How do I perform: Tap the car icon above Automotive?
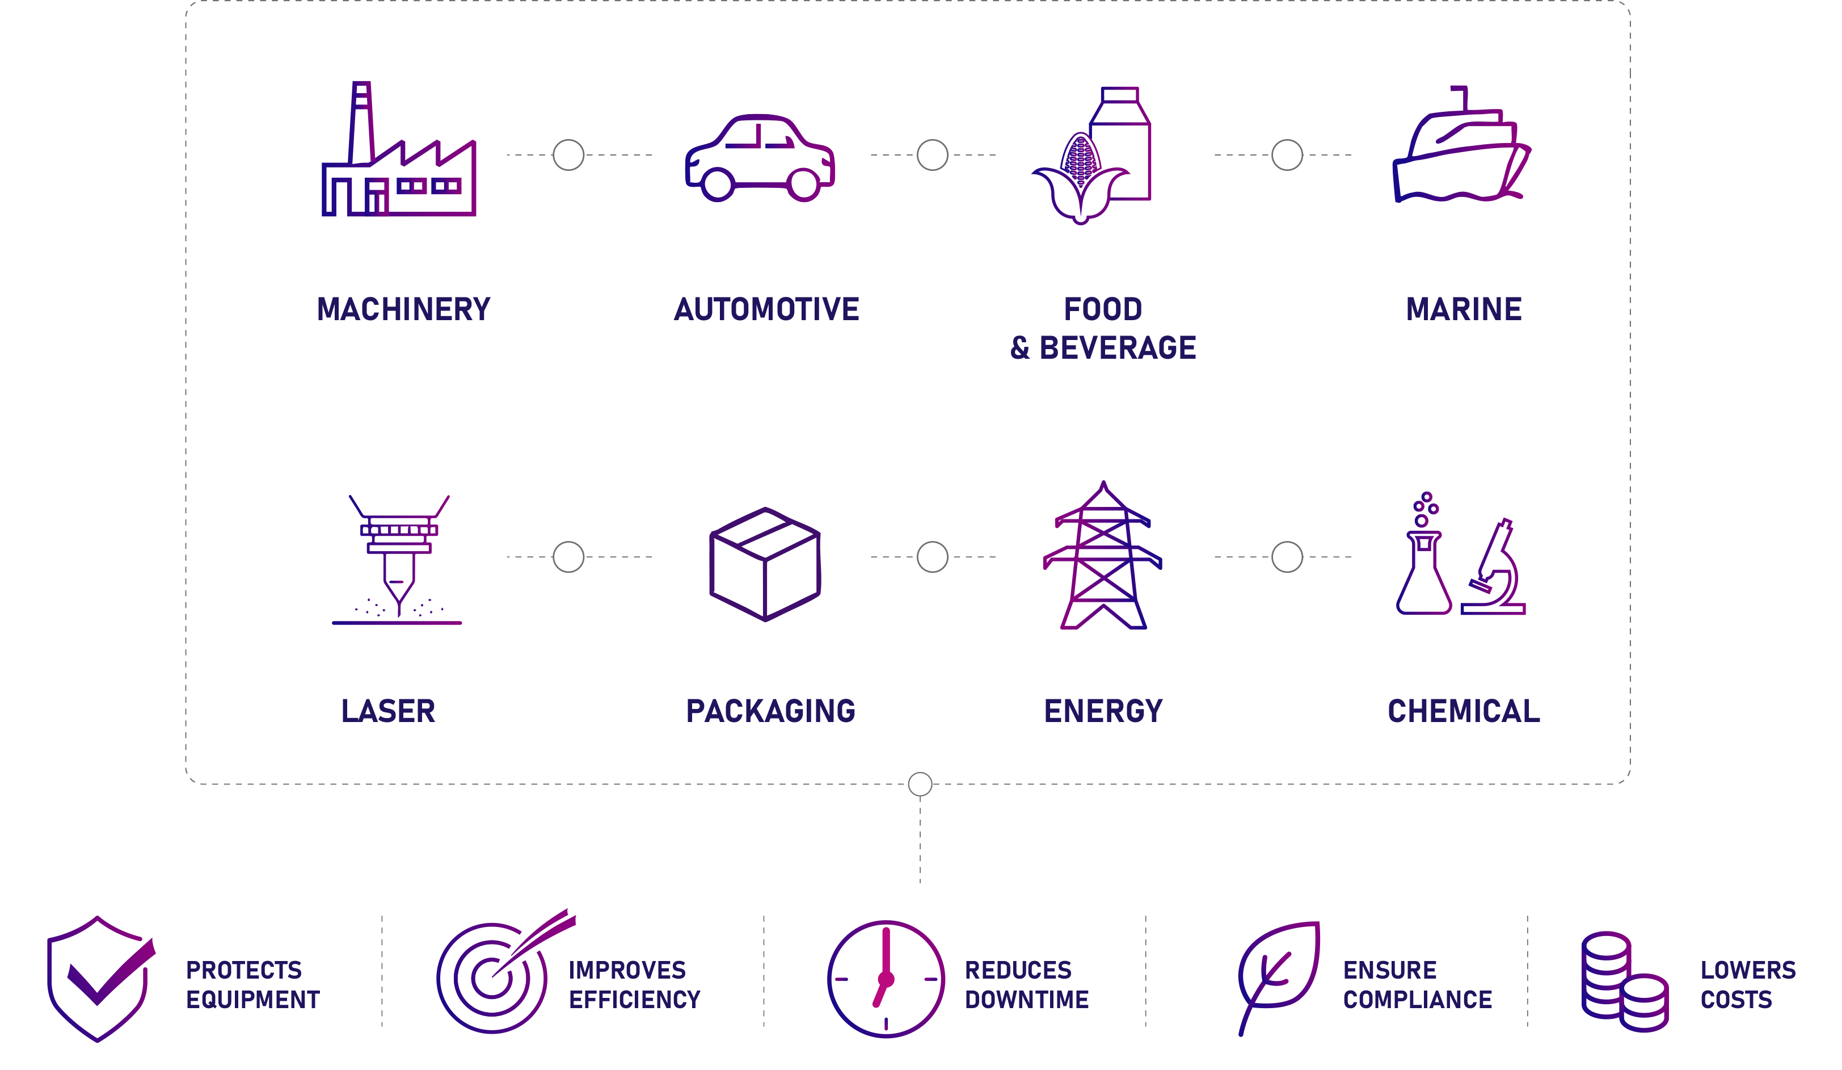pos(760,157)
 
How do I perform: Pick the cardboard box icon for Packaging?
pos(765,564)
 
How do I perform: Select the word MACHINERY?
pos(403,309)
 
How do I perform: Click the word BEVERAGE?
pos(1118,348)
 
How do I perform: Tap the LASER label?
pos(388,711)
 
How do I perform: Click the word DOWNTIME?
pos(1026,1000)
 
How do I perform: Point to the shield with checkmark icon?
pos(101,979)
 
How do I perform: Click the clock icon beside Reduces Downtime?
pos(886,979)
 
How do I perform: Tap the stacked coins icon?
pos(1624,981)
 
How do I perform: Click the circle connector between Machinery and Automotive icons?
pos(568,155)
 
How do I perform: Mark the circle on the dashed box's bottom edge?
pos(920,784)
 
